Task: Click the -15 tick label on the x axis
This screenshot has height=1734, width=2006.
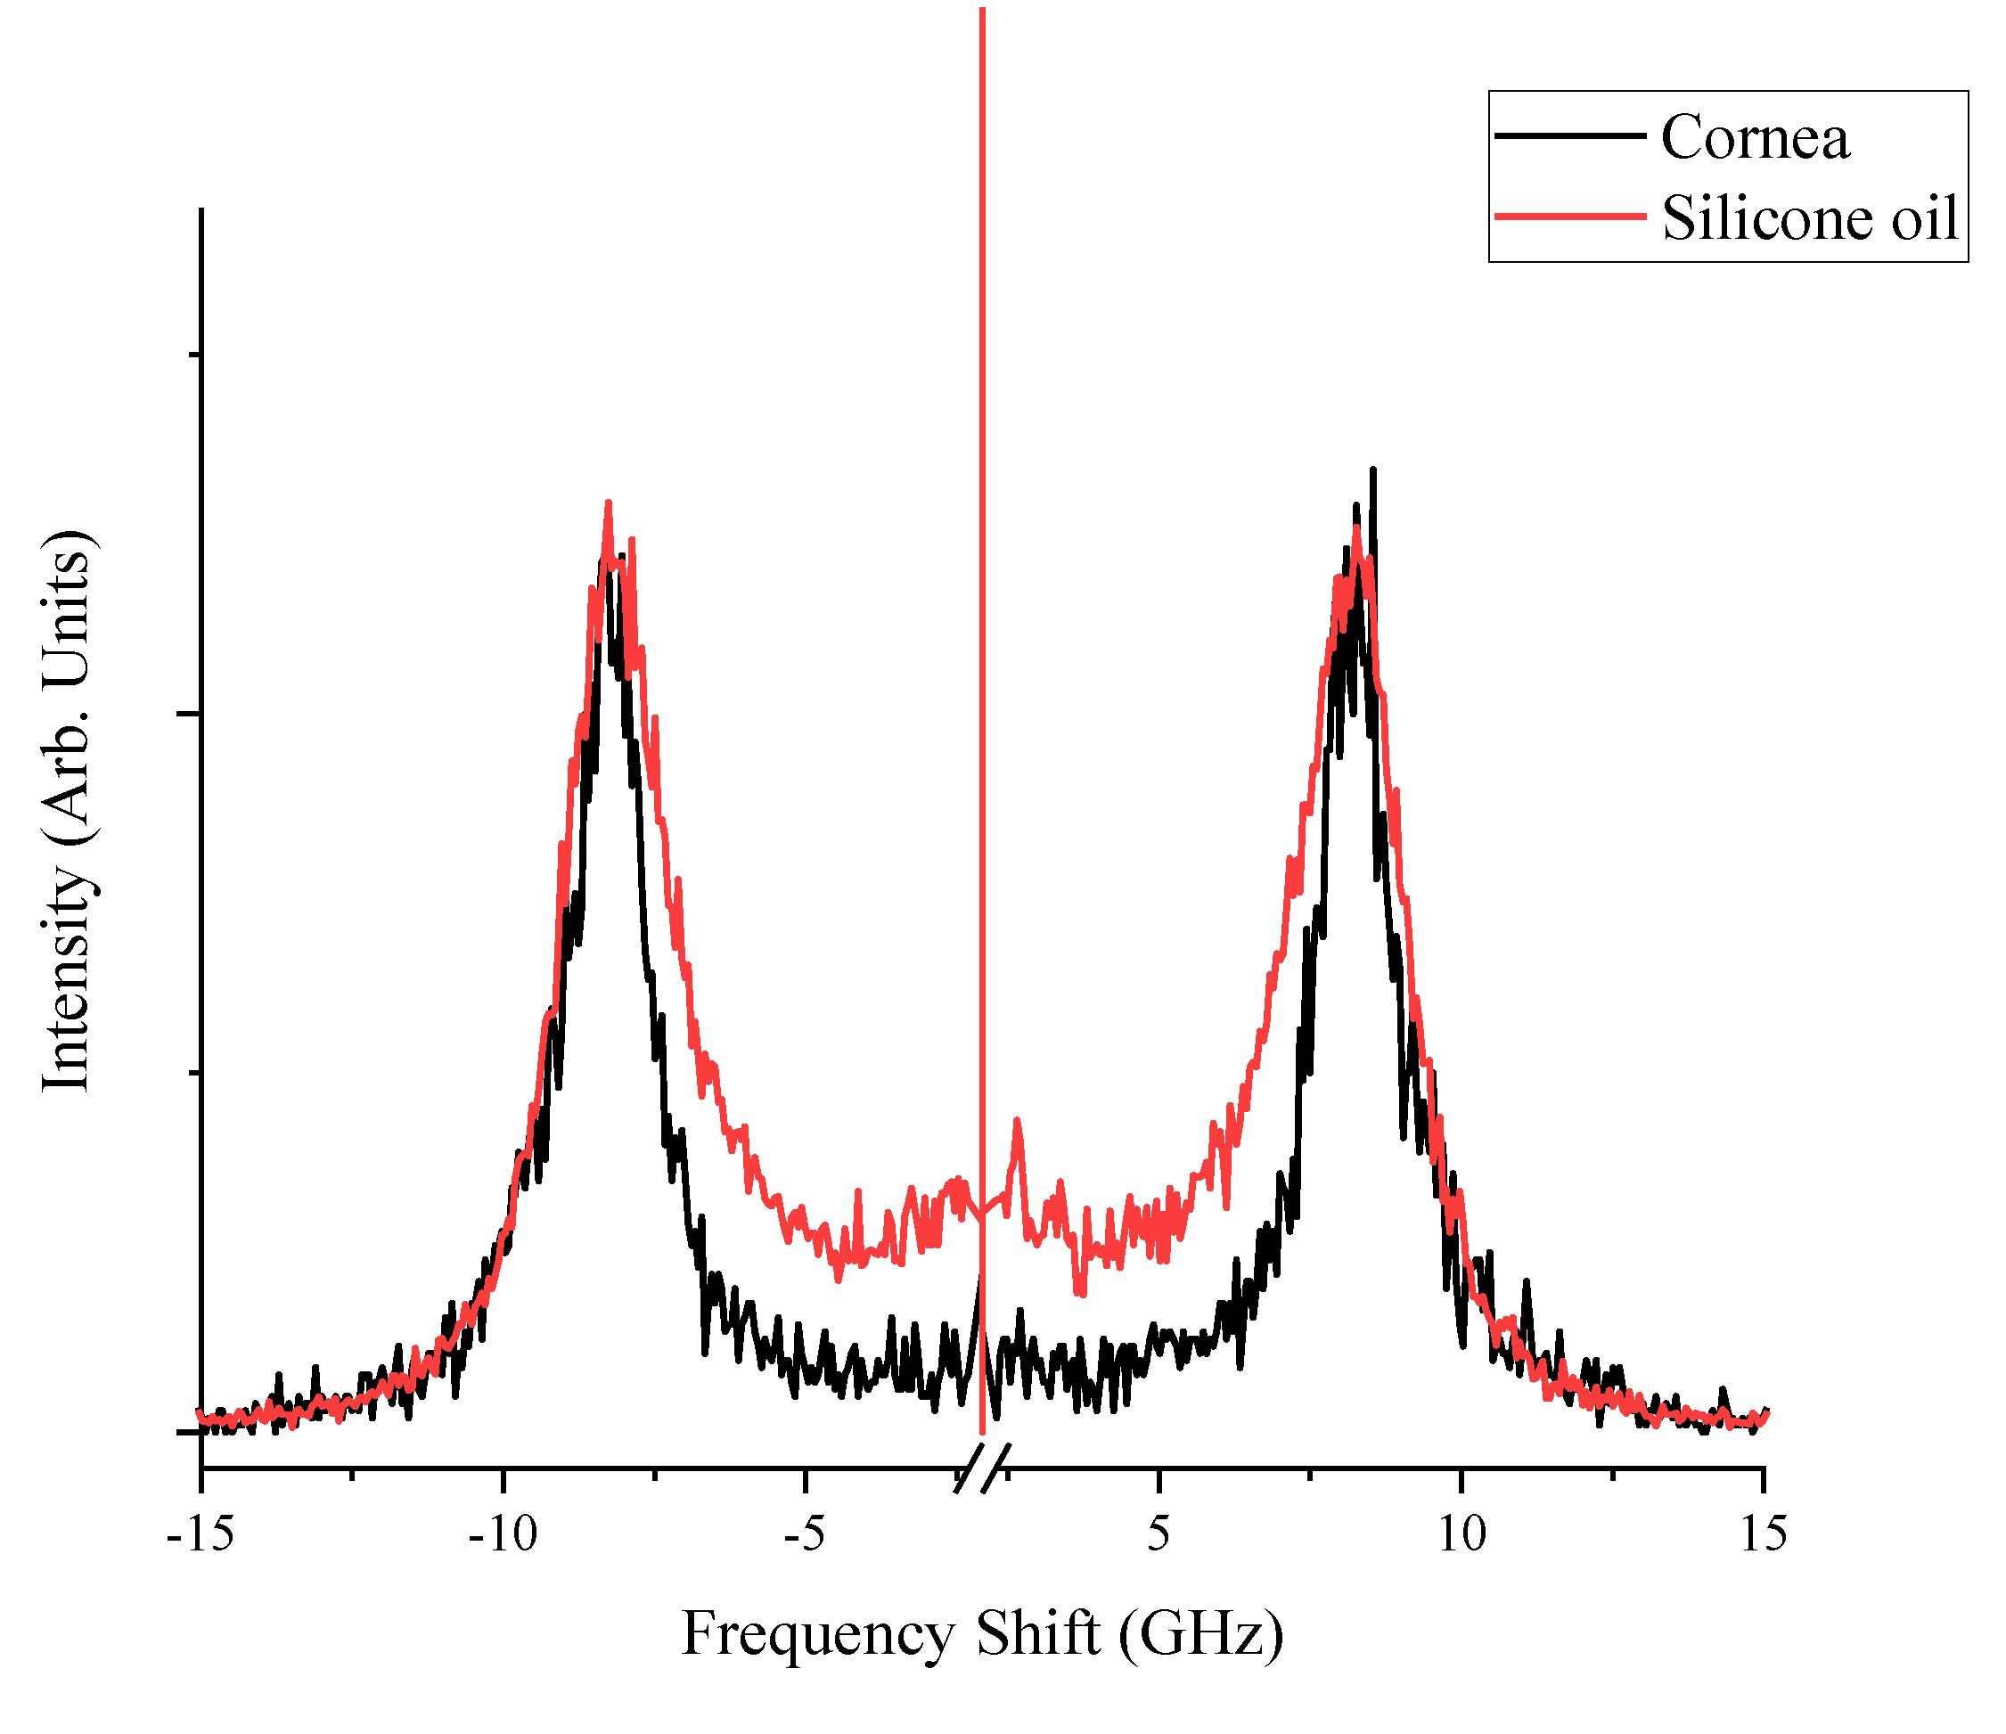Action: [201, 1536]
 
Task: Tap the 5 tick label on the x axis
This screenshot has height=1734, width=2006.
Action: [1159, 1536]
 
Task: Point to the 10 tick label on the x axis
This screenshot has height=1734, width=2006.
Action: [1461, 1536]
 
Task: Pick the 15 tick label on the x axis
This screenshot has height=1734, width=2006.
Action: [1763, 1536]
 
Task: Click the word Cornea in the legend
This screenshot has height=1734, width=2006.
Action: [1755, 137]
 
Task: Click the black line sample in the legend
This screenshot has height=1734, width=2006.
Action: [1569, 135]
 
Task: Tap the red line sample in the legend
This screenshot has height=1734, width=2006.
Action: [1569, 216]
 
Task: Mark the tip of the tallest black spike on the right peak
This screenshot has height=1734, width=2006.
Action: [1373, 470]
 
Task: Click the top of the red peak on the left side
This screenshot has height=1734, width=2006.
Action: [608, 503]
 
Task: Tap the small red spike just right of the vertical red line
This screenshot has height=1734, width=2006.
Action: [1017, 1120]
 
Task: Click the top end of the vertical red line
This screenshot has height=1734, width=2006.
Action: [982, 10]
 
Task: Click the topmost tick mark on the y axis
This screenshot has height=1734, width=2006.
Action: [192, 356]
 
